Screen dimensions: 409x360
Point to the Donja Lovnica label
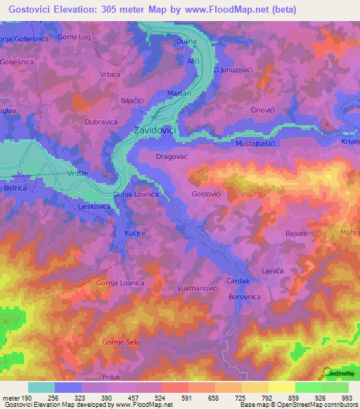136,193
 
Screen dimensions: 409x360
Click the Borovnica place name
245,297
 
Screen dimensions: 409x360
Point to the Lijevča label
272,270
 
